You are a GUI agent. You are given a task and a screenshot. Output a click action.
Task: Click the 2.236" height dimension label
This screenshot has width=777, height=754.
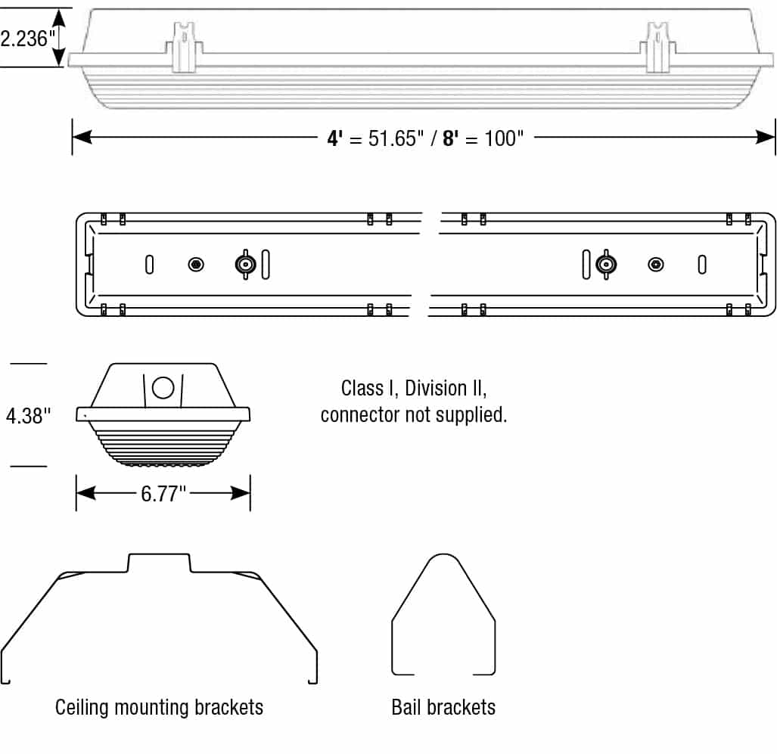click(24, 38)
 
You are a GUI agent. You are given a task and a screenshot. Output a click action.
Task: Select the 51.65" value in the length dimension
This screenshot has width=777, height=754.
click(393, 138)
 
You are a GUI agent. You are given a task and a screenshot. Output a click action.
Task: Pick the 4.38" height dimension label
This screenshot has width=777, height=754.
click(29, 415)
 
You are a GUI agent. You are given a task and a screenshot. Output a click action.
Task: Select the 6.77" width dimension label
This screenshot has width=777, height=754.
click(163, 495)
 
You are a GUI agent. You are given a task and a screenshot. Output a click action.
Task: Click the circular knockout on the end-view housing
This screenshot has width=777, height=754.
click(163, 387)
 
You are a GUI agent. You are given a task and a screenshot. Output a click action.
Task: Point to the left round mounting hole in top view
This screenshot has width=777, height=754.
click(196, 265)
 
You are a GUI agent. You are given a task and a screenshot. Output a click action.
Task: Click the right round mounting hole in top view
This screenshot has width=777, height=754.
click(656, 265)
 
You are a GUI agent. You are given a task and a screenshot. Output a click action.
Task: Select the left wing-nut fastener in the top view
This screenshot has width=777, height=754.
click(245, 265)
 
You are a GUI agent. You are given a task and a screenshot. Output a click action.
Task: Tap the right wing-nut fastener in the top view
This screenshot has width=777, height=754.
click(605, 265)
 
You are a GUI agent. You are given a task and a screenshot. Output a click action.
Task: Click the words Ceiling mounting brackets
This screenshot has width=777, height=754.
click(160, 708)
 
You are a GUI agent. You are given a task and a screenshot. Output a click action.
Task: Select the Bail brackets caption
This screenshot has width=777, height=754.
click(443, 708)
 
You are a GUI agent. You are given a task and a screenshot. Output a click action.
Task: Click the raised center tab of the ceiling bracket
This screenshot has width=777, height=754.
click(159, 561)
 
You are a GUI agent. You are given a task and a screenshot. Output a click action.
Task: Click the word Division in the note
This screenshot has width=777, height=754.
click(436, 389)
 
